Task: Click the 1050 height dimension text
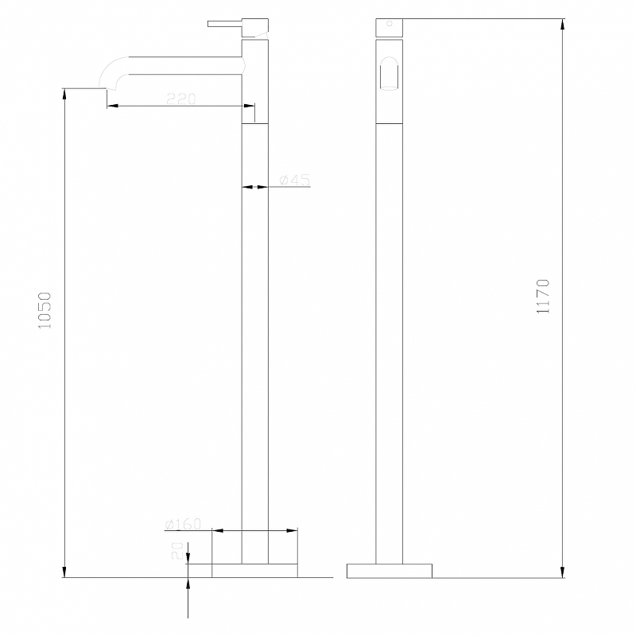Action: point(45,310)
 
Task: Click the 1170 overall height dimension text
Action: point(543,297)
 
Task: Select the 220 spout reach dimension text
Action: point(181,98)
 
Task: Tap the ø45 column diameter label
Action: point(295,180)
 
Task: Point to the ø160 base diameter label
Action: point(183,524)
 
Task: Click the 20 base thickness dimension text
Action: point(177,550)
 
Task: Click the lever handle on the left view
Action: point(225,24)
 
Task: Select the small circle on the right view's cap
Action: point(390,24)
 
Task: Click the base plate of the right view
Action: point(390,571)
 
